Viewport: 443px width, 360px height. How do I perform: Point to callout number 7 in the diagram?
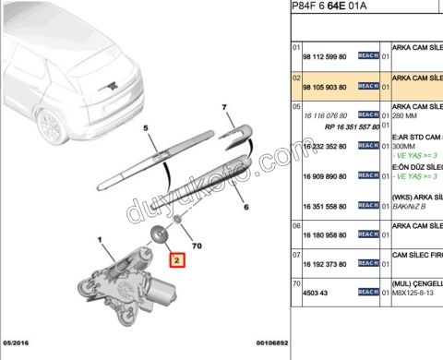click(224, 109)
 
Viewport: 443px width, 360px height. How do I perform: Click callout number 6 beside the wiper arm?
click(245, 209)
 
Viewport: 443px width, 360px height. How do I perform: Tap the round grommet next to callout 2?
click(158, 234)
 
